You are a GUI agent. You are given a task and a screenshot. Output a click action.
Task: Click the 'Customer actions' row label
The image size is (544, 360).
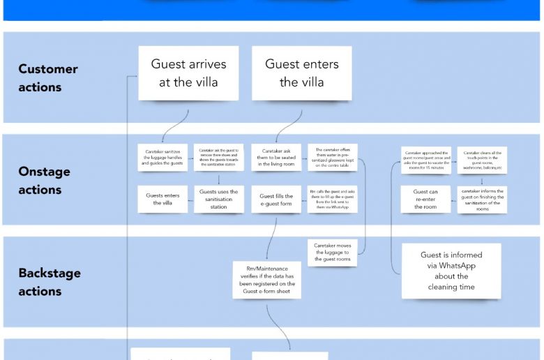click(x=48, y=78)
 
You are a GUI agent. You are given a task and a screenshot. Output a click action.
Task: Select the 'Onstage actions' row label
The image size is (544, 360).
click(x=45, y=181)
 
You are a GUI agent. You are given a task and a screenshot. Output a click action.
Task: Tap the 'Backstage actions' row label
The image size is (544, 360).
click(x=50, y=283)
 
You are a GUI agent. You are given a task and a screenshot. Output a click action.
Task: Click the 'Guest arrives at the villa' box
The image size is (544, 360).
click(x=188, y=73)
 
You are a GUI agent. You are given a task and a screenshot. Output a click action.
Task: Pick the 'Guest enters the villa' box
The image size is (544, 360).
click(x=301, y=73)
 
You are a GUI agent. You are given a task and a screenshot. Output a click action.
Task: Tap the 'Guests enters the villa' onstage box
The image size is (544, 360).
click(x=163, y=200)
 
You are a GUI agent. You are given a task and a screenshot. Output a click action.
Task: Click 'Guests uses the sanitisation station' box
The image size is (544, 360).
click(x=219, y=200)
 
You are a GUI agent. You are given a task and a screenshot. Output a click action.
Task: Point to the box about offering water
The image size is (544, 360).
click(x=332, y=158)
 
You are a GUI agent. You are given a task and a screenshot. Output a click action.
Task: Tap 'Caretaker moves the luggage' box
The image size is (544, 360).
click(x=332, y=253)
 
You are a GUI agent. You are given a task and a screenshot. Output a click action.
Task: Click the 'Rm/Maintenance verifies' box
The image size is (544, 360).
click(x=267, y=280)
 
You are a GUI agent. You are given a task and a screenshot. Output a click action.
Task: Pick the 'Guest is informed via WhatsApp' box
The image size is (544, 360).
click(x=451, y=271)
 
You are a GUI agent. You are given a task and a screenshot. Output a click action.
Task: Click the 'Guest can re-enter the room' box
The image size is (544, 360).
click(x=425, y=200)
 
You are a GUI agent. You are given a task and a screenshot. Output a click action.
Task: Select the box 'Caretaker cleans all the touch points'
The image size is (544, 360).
click(x=482, y=160)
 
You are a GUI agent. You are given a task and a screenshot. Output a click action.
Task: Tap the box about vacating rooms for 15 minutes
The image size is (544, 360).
click(x=425, y=160)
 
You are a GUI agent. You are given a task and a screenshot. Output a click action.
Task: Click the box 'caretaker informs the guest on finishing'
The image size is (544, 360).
click(x=482, y=200)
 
